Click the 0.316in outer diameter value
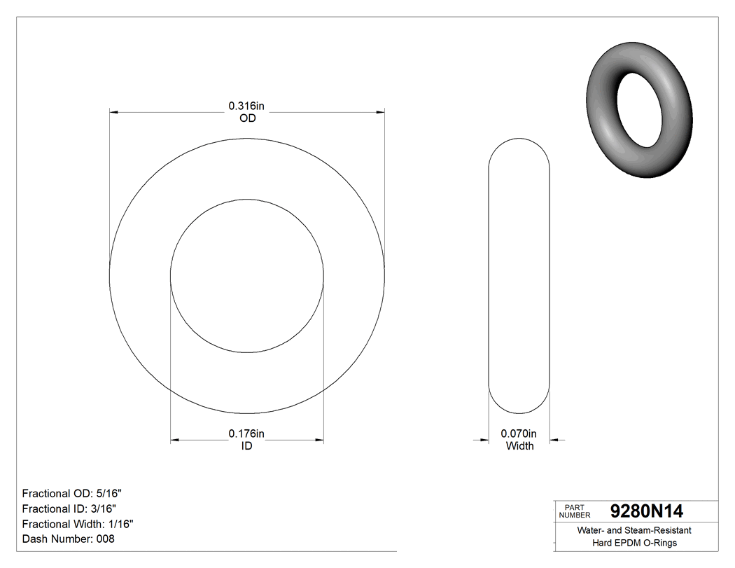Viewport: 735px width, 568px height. [246, 106]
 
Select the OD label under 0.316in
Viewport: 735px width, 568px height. [247, 118]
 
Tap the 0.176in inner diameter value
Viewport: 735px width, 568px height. [246, 434]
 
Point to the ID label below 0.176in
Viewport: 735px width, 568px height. [246, 446]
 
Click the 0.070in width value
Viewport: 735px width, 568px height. [519, 434]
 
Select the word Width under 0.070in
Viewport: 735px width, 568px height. [519, 446]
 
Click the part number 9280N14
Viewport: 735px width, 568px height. [647, 511]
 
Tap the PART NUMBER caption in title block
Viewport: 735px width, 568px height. [575, 511]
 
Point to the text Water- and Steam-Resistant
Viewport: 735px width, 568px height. [634, 531]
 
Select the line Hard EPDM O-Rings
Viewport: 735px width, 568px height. [634, 543]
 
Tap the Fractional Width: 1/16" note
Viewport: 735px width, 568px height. [78, 524]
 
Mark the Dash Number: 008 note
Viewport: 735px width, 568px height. [68, 539]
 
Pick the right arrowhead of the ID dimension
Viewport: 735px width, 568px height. [319, 440]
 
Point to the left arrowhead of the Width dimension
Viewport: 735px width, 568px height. [483, 440]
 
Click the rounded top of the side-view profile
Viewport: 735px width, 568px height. [519, 144]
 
